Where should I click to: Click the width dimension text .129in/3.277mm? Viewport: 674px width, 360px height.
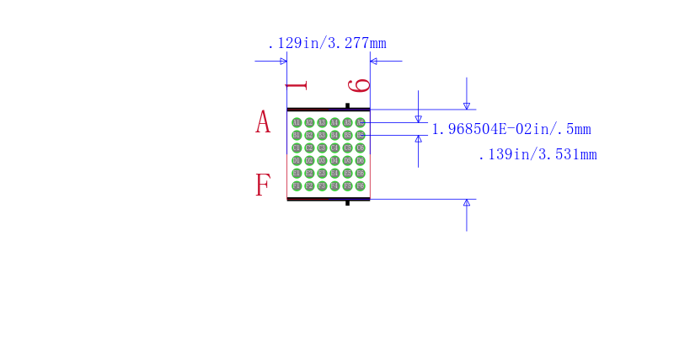pos(326,43)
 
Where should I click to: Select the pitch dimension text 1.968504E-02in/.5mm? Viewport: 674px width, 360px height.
pos(511,129)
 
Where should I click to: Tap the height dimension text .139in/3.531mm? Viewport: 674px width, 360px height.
pos(537,154)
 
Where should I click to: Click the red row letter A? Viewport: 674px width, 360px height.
pos(263,122)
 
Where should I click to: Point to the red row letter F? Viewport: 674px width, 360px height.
pos(263,185)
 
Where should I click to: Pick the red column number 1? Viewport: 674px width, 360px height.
pos(296,85)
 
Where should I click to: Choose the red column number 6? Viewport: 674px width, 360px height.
pos(360,84)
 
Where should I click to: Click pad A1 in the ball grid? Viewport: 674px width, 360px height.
pos(297,122)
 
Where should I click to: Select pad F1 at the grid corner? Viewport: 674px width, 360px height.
pos(297,185)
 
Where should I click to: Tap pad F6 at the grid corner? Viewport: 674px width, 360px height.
pos(360,185)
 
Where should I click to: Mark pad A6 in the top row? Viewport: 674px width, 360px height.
pos(360,122)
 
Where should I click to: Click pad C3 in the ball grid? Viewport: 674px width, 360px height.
pos(322,148)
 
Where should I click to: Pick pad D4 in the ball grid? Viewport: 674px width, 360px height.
pos(334,160)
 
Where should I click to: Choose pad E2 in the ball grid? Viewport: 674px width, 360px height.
pos(309,173)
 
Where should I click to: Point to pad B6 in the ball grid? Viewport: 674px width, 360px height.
pos(360,135)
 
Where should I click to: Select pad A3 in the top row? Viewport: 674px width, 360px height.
pos(322,122)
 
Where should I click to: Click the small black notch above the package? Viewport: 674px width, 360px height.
pos(347,105)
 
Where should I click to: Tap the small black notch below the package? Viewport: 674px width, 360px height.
pos(347,202)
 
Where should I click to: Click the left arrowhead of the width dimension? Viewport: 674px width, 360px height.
pos(283,61)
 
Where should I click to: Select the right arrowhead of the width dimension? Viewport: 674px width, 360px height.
pos(374,61)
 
